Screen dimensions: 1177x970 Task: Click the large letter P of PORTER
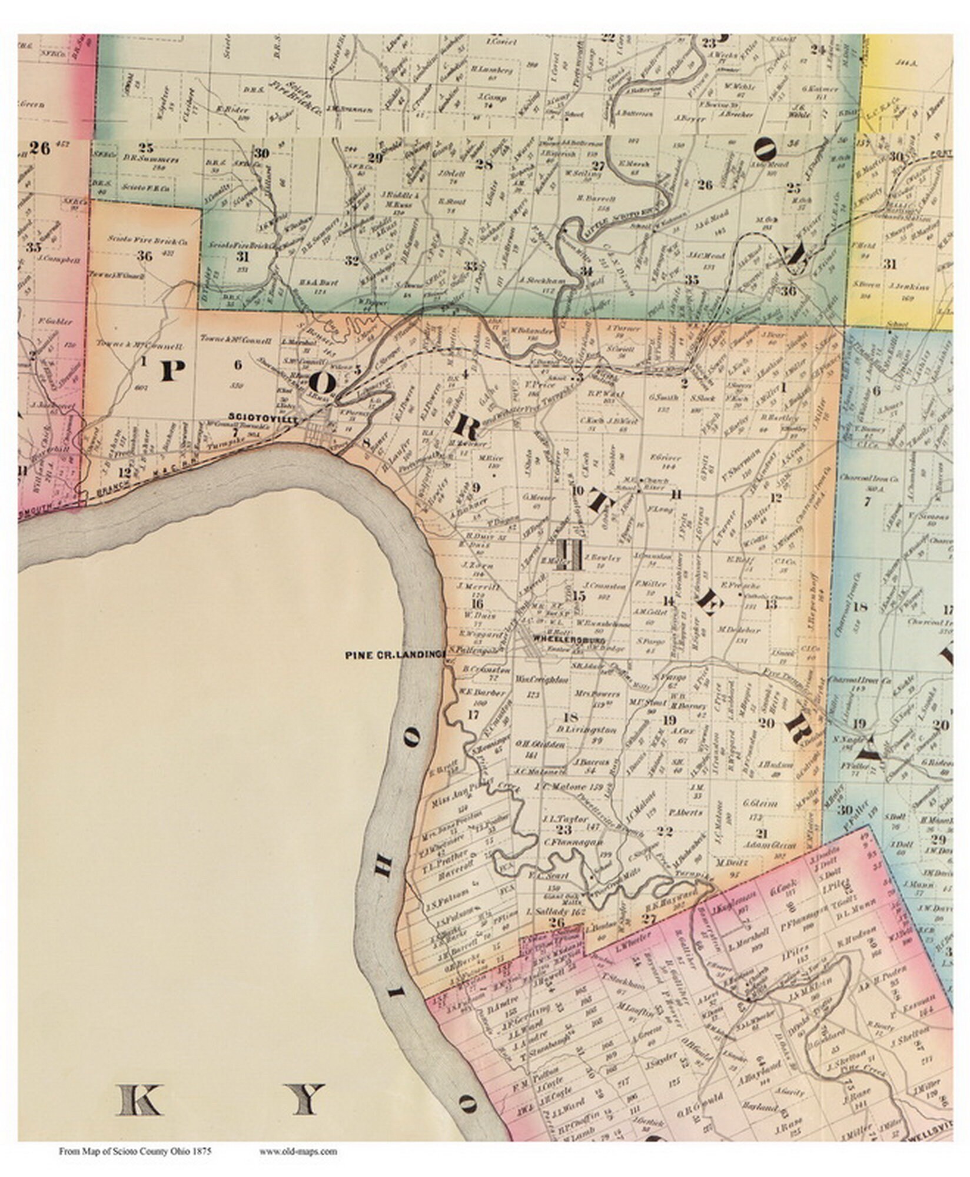point(172,371)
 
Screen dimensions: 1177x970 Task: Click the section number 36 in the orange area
point(144,255)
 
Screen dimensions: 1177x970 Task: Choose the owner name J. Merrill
point(477,587)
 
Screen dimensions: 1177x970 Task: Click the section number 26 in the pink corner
point(40,148)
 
